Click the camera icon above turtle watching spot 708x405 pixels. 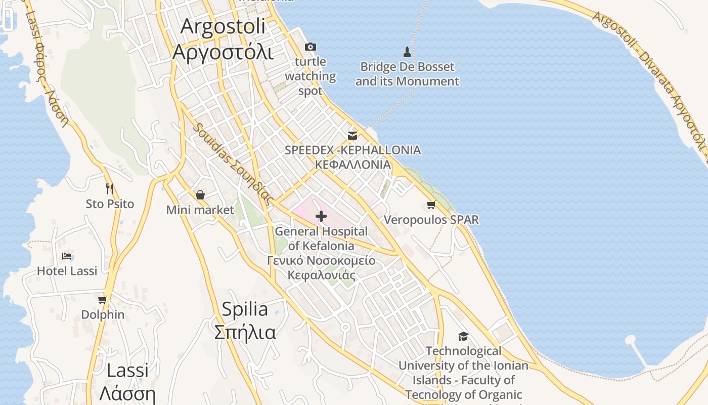(311, 47)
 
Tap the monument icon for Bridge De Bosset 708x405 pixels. (407, 52)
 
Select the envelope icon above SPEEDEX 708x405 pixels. (352, 135)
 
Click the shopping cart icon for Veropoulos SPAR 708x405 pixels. (431, 205)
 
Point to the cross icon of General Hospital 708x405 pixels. (321, 217)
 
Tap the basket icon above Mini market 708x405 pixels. (200, 195)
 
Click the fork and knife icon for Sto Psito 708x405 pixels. (110, 189)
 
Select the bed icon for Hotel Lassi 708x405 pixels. (67, 256)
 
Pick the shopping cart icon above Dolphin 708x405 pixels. (103, 300)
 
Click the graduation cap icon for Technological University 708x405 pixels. (463, 336)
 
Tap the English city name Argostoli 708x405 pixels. (223, 26)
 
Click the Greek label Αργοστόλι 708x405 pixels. (223, 52)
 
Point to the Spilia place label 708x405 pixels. (245, 309)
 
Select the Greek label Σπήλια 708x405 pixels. (245, 333)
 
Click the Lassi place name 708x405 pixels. (127, 370)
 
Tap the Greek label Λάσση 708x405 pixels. (127, 393)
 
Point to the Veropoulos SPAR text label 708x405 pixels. (431, 220)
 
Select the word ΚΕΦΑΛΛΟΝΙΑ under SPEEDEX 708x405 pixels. (352, 165)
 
